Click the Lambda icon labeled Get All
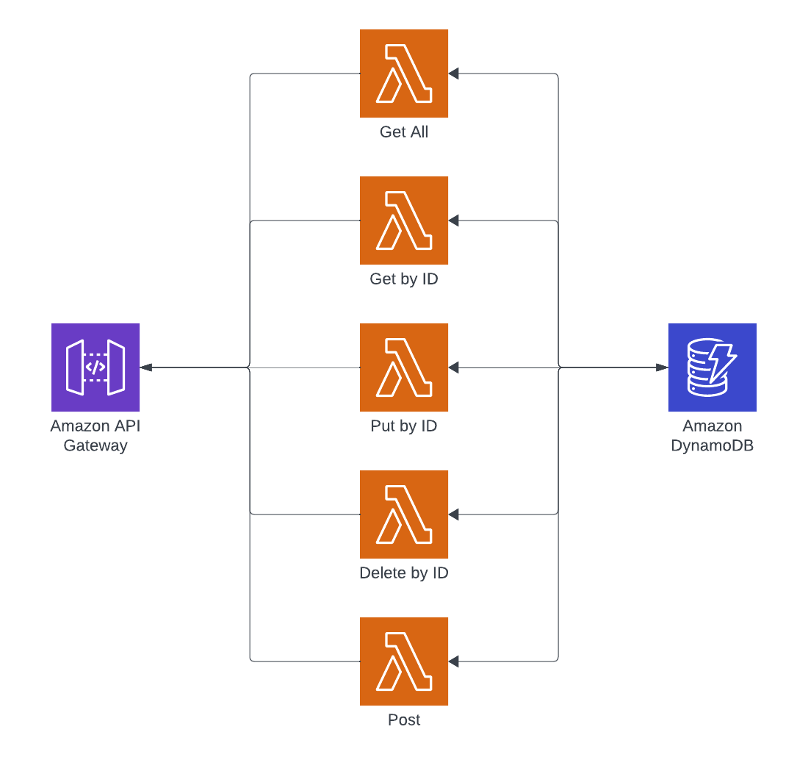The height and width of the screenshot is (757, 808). [x=404, y=73]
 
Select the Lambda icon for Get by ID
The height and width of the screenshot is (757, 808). [x=404, y=220]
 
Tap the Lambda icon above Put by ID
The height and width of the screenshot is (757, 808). [x=404, y=367]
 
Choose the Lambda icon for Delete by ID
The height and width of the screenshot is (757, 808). [x=404, y=514]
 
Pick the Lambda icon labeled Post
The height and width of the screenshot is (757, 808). [x=404, y=661]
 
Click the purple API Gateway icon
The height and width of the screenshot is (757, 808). [x=95, y=367]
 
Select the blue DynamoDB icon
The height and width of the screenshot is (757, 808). [x=713, y=367]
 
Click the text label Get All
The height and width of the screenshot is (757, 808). [x=404, y=132]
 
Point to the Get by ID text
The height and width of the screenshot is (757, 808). [x=404, y=279]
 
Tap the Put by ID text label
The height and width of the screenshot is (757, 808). [x=404, y=426]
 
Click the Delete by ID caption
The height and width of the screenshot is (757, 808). [x=404, y=573]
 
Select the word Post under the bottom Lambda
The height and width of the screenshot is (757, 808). [x=404, y=720]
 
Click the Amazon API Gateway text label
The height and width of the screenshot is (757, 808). [x=95, y=435]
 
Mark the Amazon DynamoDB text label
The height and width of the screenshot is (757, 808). [x=713, y=435]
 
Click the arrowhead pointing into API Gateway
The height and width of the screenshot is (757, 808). [x=145, y=367]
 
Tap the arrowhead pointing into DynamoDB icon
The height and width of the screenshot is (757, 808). [x=663, y=367]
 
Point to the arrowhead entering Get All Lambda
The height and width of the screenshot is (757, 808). [x=454, y=73]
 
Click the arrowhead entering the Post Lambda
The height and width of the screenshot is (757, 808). [x=454, y=661]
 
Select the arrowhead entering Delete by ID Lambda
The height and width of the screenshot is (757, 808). [x=454, y=514]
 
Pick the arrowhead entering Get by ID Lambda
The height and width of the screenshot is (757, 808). [x=454, y=220]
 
